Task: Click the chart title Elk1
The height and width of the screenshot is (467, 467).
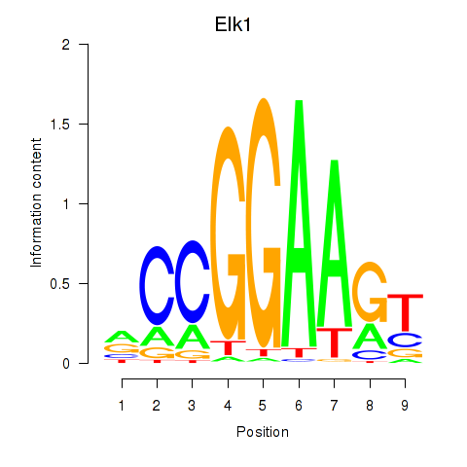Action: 233,24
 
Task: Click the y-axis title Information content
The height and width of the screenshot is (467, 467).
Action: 36,203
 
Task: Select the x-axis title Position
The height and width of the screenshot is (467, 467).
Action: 263,432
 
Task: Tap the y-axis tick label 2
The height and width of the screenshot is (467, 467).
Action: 66,44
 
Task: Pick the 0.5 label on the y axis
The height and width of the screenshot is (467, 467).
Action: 60,283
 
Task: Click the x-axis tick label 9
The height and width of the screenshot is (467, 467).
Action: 405,406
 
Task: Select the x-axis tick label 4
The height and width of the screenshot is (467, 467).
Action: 228,406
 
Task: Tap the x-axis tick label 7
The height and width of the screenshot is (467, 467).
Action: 334,406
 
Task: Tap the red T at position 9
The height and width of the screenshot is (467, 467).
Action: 405,311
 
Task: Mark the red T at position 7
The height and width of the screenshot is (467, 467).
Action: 335,342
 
